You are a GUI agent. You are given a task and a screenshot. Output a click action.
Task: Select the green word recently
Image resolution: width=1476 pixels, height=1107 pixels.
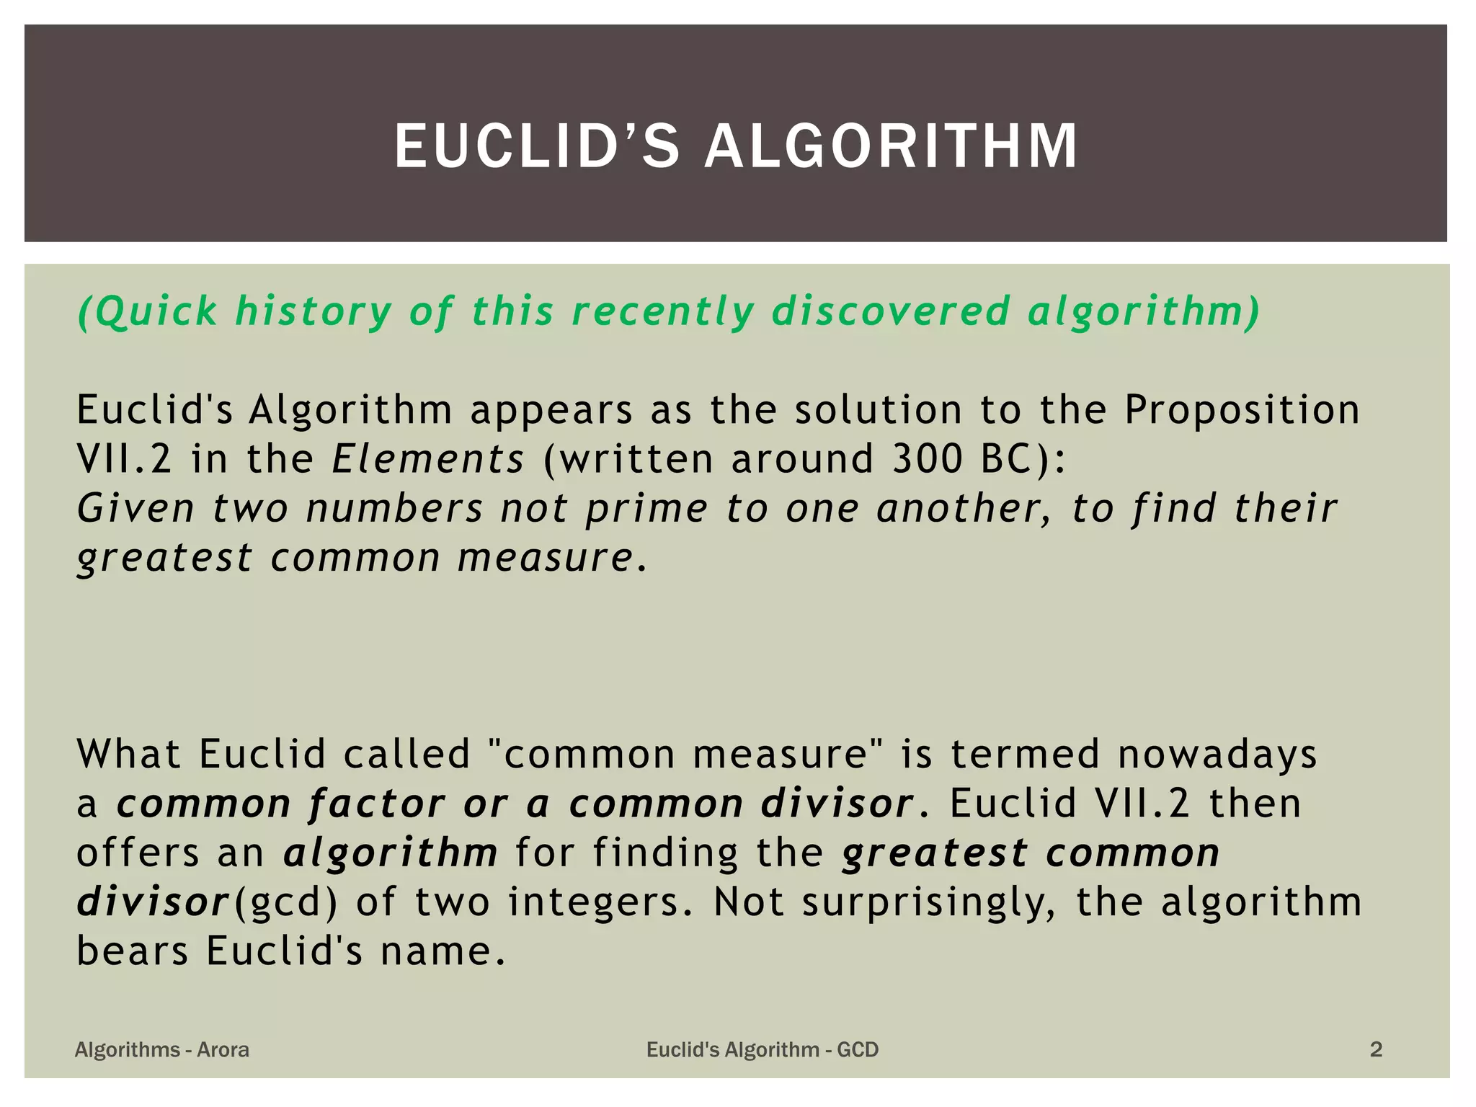(662, 311)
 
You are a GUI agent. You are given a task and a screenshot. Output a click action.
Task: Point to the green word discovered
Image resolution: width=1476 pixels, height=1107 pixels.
(891, 311)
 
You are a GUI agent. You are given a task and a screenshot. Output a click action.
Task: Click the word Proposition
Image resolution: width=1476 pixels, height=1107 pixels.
(1242, 409)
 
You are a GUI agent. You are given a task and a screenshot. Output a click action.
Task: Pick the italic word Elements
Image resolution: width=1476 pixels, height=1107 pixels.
(428, 459)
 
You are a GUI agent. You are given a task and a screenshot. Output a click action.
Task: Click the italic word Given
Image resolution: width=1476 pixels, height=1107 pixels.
(135, 508)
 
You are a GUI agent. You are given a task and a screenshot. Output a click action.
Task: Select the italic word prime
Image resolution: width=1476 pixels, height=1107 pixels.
(646, 510)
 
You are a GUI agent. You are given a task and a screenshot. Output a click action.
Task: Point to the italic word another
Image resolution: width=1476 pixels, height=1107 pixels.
(964, 508)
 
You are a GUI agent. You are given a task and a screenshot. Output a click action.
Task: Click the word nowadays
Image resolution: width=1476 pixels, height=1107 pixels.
(1217, 755)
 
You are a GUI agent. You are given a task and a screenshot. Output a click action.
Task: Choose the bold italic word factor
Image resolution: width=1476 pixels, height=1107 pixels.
(378, 804)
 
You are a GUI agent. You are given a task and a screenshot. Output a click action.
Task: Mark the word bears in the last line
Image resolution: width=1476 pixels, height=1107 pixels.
(133, 951)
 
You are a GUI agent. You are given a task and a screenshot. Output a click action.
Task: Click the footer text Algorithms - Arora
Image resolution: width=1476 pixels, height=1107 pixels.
(162, 1049)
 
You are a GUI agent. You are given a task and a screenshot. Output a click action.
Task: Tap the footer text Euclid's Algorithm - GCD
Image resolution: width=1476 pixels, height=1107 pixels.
(763, 1049)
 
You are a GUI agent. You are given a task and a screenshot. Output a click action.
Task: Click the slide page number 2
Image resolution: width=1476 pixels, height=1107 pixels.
(1376, 1049)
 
